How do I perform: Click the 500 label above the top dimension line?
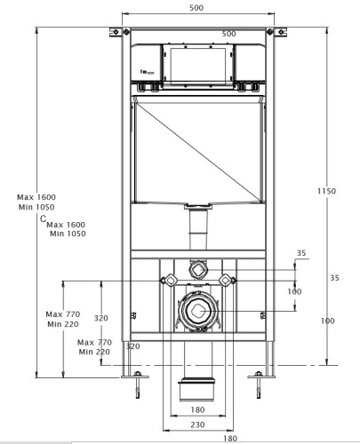pyautogui.click(x=196, y=8)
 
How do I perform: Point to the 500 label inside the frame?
pyautogui.click(x=228, y=35)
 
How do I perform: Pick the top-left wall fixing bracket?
pyautogui.click(x=115, y=33)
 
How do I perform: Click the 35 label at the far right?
pyautogui.click(x=334, y=278)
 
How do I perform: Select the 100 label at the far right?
pyautogui.click(x=329, y=321)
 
